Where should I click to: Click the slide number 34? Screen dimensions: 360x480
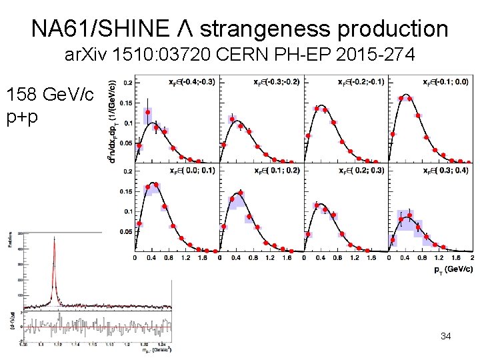[x=446, y=336]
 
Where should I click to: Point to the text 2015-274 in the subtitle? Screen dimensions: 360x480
[x=383, y=56]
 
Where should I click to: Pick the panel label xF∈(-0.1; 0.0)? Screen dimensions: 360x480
[x=445, y=81]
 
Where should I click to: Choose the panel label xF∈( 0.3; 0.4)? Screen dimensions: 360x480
[x=445, y=171]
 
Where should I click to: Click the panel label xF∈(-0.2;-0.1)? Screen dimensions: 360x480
[x=361, y=81]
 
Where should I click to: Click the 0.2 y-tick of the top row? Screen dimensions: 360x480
[x=127, y=82]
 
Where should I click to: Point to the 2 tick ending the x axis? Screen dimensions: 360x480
[x=472, y=257]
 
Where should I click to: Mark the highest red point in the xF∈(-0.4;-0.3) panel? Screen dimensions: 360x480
[x=148, y=112]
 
